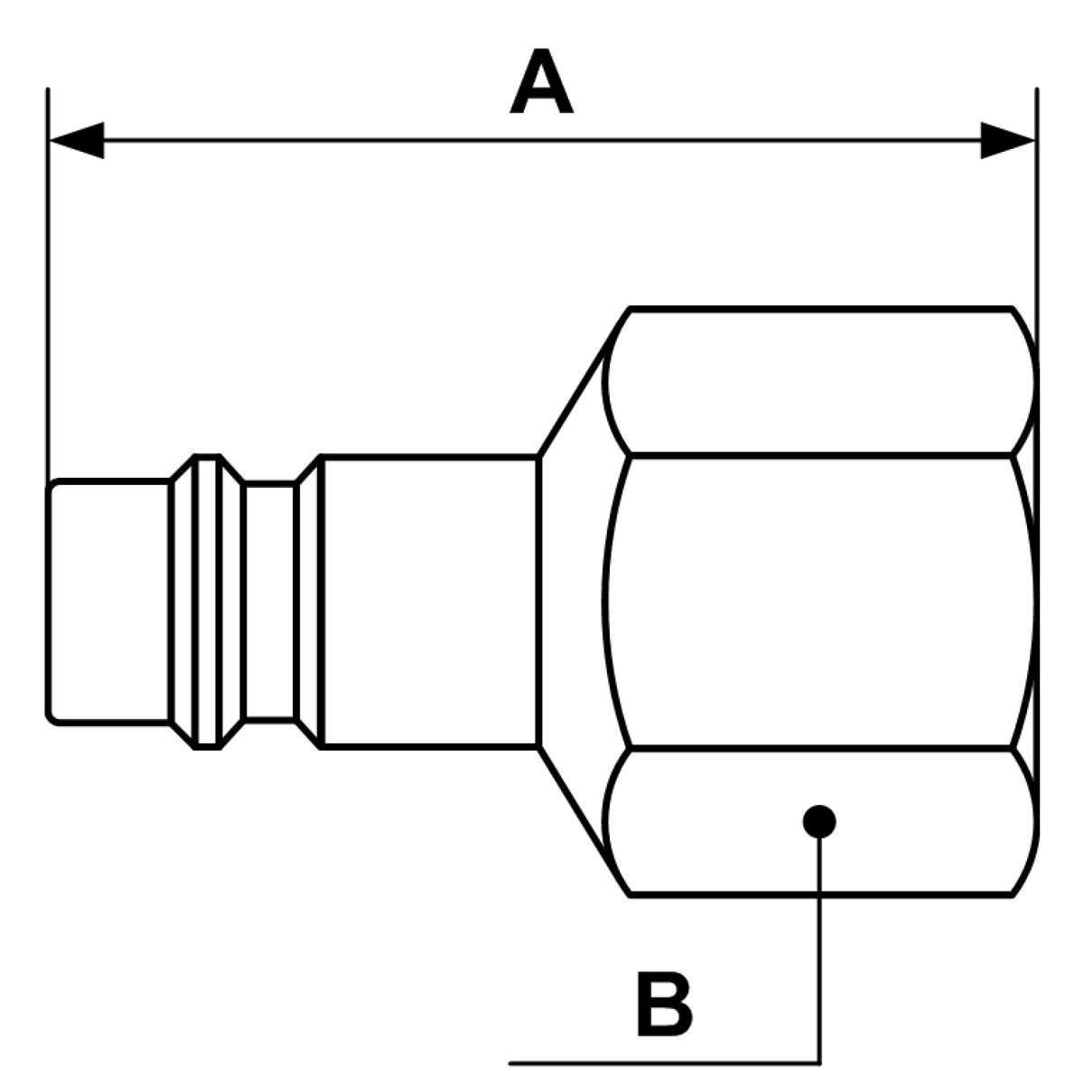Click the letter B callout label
pyautogui.click(x=664, y=1004)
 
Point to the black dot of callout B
pyautogui.click(x=818, y=821)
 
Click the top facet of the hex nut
pyautogui.click(x=818, y=381)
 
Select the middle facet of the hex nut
pyautogui.click(x=818, y=601)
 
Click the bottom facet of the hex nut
pyautogui.click(x=723, y=821)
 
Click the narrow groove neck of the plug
pyautogui.click(x=270, y=601)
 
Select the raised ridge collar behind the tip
pyautogui.click(x=207, y=601)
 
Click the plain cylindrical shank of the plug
pyautogui.click(x=429, y=601)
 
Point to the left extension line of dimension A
pyautogui.click(x=48, y=271)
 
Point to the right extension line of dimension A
pyautogui.click(x=1036, y=226)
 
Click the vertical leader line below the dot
pyautogui.click(x=819, y=948)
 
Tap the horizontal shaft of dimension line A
pyautogui.click(x=542, y=140)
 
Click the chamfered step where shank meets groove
pyautogui.click(x=308, y=601)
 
